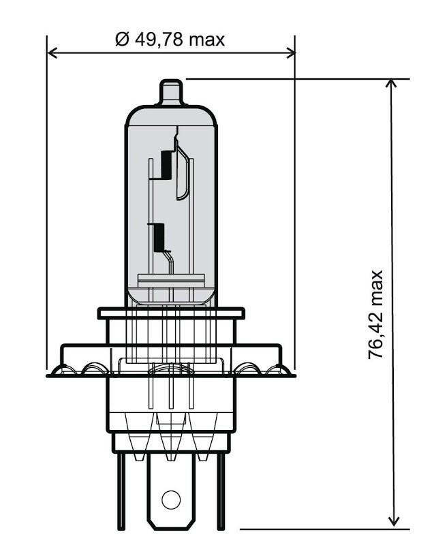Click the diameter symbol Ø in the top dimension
coord(122,40)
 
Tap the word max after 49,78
coord(206,40)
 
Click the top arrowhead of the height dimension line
coord(392,85)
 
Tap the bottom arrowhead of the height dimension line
coord(392,521)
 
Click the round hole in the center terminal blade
coord(171,501)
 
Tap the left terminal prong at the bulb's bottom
coord(121,490)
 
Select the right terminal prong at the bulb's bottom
coord(219,490)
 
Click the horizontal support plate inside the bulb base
coord(171,279)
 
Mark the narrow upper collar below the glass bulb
coord(171,313)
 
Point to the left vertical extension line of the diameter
coord(47,204)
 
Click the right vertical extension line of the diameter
coord(295,204)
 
